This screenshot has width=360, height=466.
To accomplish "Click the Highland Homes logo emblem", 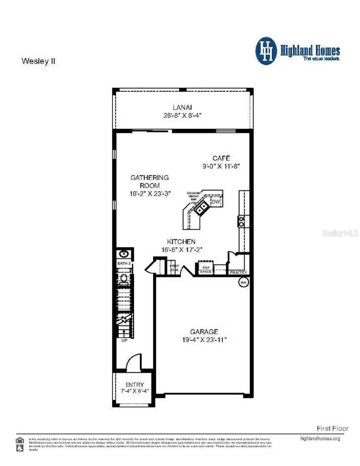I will point(266,51).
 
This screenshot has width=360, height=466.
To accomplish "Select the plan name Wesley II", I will point(38,62).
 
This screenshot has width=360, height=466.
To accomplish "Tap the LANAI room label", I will point(182,107).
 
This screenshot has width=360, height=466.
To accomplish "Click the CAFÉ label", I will point(221,158).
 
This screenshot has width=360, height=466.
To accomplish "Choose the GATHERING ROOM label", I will point(150,181).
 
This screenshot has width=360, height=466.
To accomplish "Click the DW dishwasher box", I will point(216,202).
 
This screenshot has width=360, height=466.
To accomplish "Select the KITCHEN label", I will point(181,241).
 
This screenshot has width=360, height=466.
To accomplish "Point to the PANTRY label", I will point(238,273).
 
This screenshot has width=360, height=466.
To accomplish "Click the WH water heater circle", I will point(243,283).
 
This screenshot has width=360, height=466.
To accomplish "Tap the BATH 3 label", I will point(124,263).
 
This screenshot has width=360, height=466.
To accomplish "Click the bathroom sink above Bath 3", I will point(124,253).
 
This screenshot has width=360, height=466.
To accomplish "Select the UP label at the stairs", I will point(124,340).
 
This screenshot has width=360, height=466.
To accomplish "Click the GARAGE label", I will point(204,331).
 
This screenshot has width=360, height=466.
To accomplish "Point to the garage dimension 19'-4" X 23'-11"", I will point(204,339).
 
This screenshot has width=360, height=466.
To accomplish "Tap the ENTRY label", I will point(134,385).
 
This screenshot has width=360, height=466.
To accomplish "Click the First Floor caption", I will point(332,428).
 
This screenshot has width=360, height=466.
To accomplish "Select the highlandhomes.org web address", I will point(320,438).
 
